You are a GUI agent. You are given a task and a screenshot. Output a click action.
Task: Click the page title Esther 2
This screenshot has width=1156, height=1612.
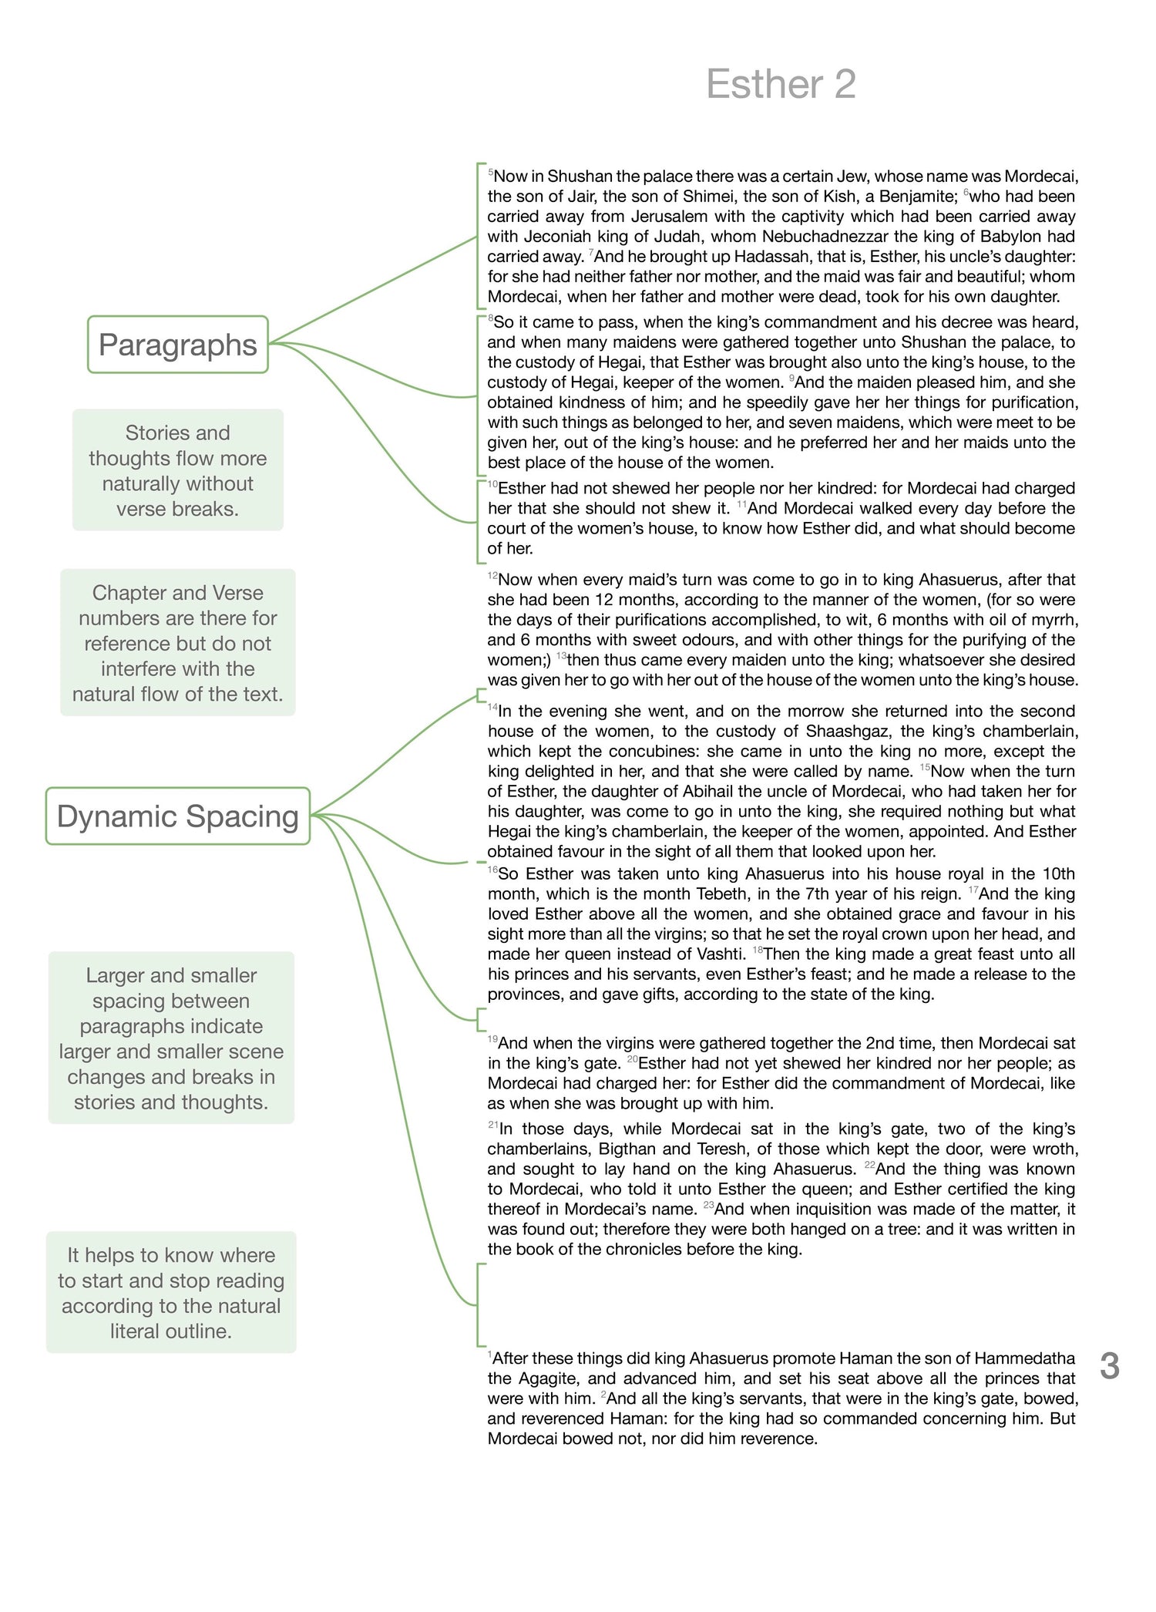780,84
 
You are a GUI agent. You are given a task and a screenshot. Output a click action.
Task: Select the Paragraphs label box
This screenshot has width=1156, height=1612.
178,345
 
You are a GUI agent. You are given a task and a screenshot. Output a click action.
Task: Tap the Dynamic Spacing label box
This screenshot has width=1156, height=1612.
178,816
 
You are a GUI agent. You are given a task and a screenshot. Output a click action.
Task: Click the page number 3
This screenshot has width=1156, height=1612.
1109,1366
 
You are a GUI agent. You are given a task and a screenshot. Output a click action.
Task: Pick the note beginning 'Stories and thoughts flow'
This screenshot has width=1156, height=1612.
178,470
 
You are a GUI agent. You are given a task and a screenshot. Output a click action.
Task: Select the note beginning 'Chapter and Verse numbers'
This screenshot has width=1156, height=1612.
178,643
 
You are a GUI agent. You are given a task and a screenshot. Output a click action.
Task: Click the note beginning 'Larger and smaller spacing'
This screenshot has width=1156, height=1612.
171,1038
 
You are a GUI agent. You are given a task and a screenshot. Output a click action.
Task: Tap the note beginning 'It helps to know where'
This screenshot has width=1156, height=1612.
171,1293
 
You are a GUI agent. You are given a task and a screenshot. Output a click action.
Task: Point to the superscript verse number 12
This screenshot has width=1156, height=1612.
492,577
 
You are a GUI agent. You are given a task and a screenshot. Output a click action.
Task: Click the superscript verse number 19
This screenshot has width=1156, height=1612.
492,1040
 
